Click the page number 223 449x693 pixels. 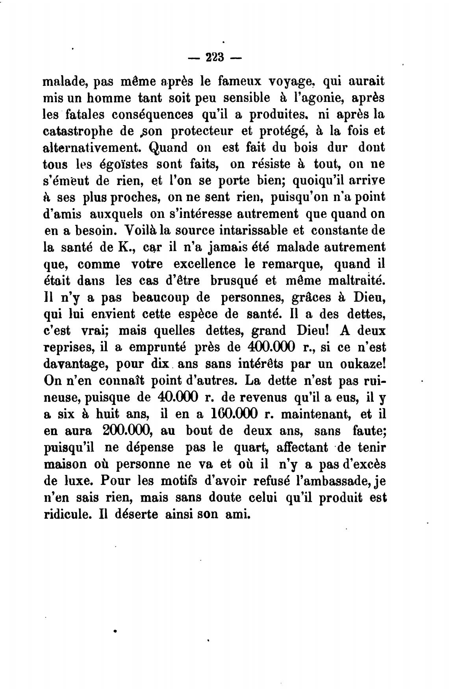pos(214,58)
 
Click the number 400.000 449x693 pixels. pos(273,347)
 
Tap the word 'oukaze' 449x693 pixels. pos(363,364)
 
